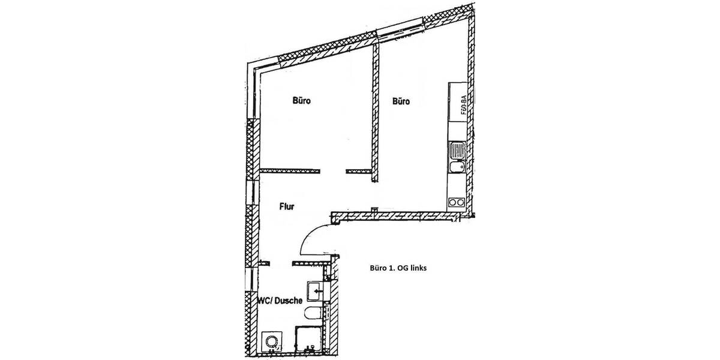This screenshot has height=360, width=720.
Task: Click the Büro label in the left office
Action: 302,101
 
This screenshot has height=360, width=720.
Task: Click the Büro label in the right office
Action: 401,101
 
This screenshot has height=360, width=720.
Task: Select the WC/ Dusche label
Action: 280,302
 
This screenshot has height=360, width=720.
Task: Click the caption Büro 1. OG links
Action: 397,269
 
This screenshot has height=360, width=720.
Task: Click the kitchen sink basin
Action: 455,169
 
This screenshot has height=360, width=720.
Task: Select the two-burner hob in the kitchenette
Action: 456,202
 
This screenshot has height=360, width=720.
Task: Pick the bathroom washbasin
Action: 314,291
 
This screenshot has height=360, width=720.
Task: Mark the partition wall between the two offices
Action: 376,114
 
